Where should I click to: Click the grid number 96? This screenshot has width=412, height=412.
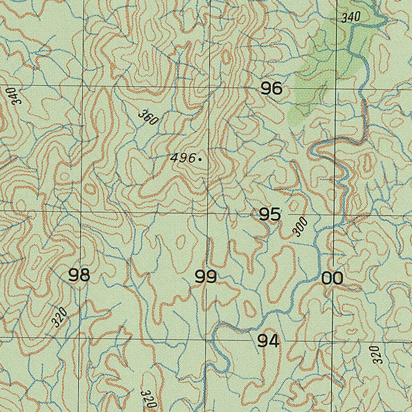pos(272,89)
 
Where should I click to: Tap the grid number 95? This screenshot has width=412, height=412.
pos(270,214)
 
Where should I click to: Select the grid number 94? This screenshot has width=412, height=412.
pos(268,341)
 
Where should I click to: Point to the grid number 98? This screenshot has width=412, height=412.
pos(79,276)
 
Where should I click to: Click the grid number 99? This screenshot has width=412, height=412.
pos(206,277)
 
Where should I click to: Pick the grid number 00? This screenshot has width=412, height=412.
pos(332,278)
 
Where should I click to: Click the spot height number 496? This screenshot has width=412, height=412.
pos(182,158)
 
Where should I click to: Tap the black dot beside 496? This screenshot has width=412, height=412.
pos(200,159)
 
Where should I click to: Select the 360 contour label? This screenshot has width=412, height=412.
pos(148,117)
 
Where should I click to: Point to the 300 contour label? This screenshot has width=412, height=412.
pos(300,227)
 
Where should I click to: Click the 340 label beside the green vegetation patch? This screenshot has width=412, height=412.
pos(351,17)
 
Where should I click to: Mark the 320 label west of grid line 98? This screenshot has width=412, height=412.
pos(59,317)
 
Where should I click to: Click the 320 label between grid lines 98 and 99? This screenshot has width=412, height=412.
pos(148,399)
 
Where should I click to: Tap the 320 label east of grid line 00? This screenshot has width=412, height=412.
pos(376,354)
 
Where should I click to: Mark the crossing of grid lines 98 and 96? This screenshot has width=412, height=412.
pos(83,86)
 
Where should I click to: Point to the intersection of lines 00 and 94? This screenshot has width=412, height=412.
pos(332,342)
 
